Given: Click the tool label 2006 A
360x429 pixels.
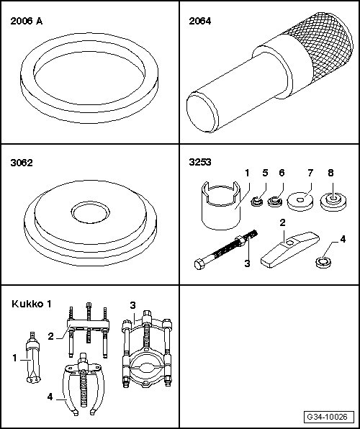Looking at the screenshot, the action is (27, 21).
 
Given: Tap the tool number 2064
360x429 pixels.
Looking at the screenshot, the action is (200, 21).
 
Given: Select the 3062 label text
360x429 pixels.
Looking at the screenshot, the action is (22, 163).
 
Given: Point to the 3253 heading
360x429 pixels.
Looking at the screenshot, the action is (200, 162).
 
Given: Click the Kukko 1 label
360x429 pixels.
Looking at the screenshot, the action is (32, 304).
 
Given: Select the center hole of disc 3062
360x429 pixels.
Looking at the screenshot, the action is (90, 212).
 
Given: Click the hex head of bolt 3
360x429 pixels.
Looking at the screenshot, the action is (199, 265).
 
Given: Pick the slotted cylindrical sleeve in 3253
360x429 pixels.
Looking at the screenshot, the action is (220, 205).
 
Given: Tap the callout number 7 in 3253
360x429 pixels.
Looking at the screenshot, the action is (310, 173).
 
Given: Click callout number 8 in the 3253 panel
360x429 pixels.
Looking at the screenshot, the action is (330, 173).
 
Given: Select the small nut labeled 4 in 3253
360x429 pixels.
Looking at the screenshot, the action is (323, 263).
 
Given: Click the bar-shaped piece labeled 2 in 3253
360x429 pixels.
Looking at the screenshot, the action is (289, 249).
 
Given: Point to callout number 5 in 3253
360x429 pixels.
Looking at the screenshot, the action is (265, 173).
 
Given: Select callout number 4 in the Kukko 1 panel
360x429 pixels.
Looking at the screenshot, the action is (50, 397).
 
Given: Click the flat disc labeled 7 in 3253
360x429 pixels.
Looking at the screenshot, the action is (300, 202).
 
